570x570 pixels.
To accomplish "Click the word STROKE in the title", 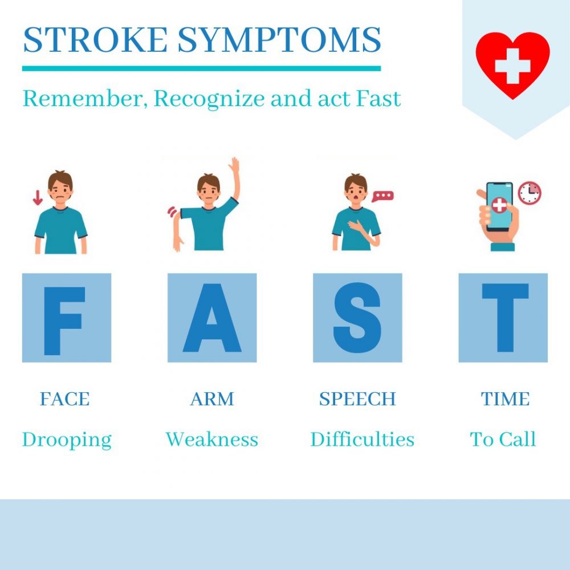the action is click(95, 40).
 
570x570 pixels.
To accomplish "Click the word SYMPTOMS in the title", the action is click(279, 40).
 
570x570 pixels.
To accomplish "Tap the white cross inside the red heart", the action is click(512, 66).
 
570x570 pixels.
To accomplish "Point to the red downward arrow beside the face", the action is click(38, 198).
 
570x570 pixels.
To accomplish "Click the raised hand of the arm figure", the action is click(234, 165).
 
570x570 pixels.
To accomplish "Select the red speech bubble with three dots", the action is click(382, 196).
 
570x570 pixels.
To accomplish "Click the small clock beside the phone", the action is click(530, 193).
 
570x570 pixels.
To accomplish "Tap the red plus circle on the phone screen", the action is click(499, 205).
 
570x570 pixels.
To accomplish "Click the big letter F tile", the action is click(67, 317).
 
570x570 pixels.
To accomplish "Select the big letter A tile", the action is click(212, 317).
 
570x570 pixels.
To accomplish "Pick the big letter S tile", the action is click(357, 317).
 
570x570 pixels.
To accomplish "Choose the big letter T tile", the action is click(503, 317).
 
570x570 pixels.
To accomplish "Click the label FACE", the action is click(65, 399).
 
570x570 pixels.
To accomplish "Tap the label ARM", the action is click(212, 399).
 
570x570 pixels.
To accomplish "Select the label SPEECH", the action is click(357, 399).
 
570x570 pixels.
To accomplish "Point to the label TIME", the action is click(505, 399).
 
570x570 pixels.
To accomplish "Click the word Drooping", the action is click(67, 440).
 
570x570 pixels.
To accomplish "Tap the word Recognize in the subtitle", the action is click(209, 99).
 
